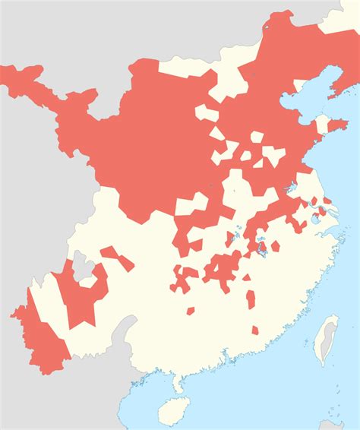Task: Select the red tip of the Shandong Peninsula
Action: (x=338, y=125)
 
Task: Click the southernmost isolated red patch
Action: (x=255, y=333)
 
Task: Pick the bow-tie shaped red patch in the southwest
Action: (x=117, y=258)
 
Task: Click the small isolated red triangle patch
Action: (x=246, y=277)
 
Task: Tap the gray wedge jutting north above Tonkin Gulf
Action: (x=129, y=334)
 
